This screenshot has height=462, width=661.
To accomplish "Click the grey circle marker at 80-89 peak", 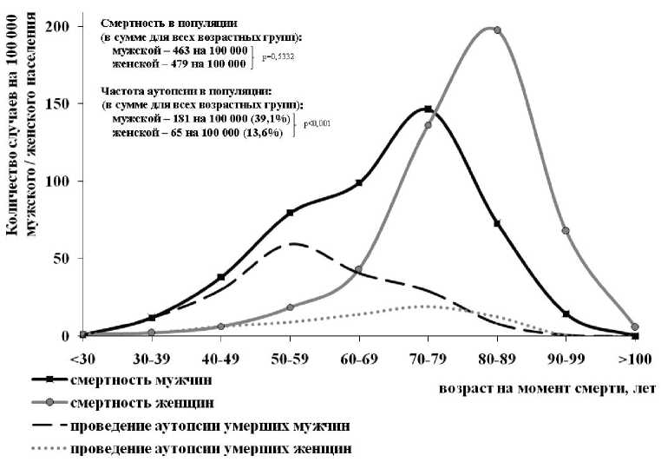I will coord(497,30).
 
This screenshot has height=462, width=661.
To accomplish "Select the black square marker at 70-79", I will coord(428,109).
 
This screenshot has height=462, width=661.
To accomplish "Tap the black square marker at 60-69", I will coord(358,182).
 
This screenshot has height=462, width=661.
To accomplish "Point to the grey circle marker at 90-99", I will coord(566,231).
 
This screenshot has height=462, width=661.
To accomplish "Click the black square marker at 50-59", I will coord(290,213).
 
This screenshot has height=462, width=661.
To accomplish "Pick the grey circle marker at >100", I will coord(635,327).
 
